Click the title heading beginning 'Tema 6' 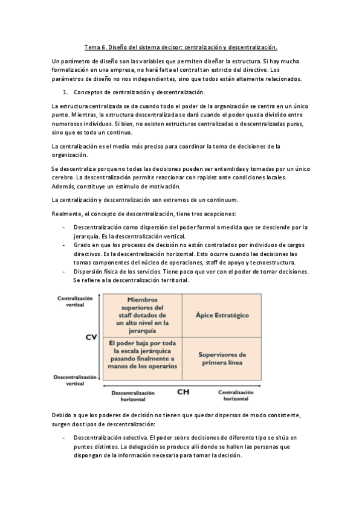[180, 46]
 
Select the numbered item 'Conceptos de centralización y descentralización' [139, 92]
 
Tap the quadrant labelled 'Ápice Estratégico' [222, 315]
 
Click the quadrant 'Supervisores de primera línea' [222, 358]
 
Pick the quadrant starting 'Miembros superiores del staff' [143, 315]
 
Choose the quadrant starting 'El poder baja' [143, 354]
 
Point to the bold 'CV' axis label [91, 337]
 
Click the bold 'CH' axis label [184, 392]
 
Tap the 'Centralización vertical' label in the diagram [75, 301]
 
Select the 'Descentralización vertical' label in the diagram [75, 379]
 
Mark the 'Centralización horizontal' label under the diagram [235, 396]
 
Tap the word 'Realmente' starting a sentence [67, 214]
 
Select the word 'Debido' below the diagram [62, 415]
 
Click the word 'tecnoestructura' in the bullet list [274, 263]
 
